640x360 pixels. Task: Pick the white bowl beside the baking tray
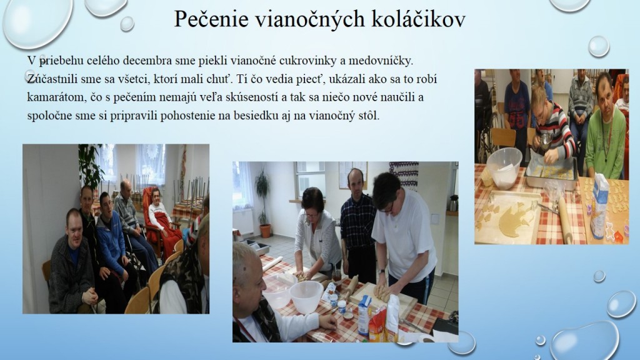504,167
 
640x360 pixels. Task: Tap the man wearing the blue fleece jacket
113,241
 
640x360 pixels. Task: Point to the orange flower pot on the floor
265,231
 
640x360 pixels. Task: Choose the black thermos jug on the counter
452,203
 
